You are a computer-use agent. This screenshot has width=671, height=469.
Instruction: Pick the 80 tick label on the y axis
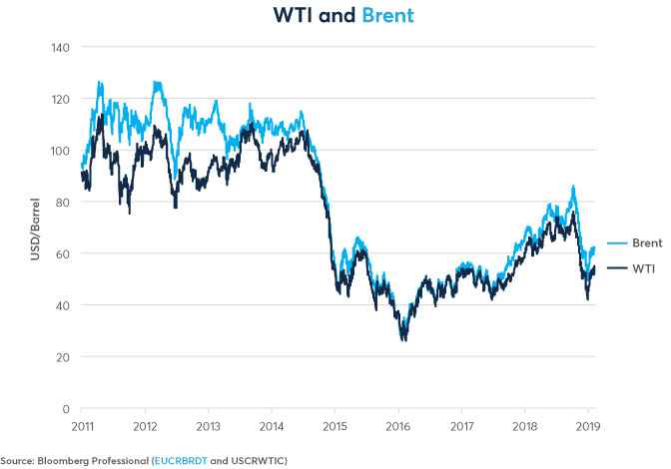[60, 203]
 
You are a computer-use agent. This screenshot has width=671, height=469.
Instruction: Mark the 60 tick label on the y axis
[60, 253]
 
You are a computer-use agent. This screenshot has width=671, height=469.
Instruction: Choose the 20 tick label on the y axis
[60, 357]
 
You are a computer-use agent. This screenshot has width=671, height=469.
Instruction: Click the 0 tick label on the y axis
[64, 409]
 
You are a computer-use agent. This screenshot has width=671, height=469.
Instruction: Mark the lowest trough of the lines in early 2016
[403, 339]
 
